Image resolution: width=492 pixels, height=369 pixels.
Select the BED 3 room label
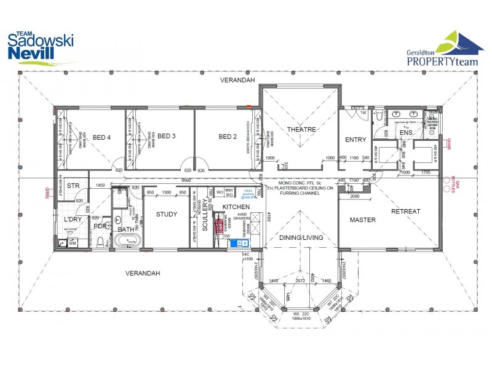tap(167, 136)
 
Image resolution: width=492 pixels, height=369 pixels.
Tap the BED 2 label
tap(228, 137)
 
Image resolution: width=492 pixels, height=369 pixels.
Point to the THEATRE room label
tap(301, 130)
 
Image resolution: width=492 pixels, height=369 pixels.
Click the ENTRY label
tap(355, 140)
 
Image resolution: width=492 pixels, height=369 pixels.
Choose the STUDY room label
tap(166, 215)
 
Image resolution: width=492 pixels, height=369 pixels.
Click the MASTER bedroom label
tap(363, 220)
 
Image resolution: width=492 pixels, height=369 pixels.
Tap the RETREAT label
tap(405, 212)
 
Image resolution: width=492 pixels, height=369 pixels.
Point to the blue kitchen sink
tap(237, 243)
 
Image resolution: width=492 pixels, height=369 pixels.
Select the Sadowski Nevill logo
tap(38, 48)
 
